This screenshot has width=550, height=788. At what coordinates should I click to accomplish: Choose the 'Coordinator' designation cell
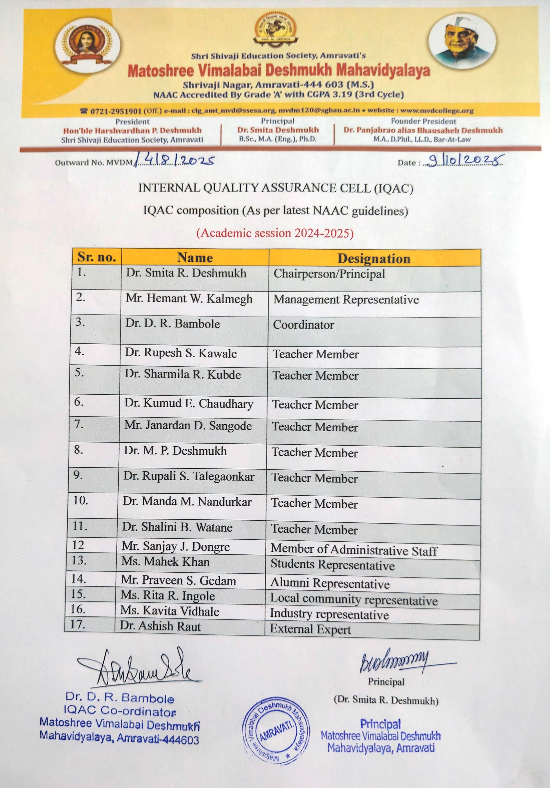tap(304, 325)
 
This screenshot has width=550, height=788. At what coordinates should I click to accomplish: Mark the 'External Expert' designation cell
tap(310, 629)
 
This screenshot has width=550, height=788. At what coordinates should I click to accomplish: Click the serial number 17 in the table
tap(78, 624)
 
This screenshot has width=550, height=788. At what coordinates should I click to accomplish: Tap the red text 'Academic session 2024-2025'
tap(275, 233)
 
